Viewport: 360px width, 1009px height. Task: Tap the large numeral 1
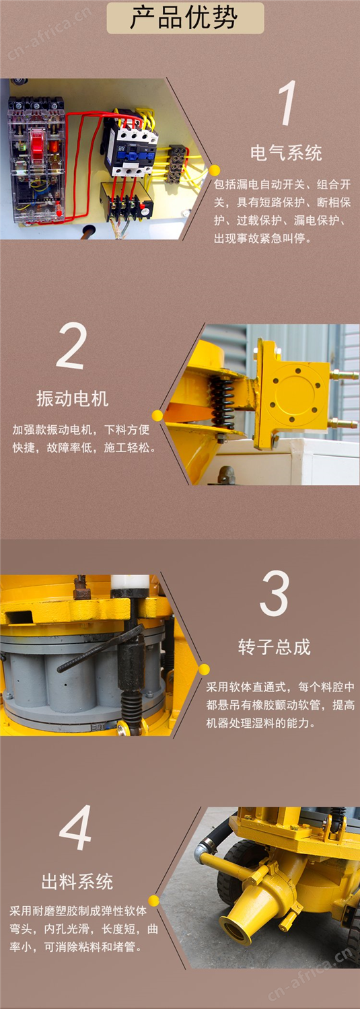(287, 103)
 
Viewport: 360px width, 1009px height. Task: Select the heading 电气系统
(287, 153)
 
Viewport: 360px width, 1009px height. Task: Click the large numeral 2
(71, 346)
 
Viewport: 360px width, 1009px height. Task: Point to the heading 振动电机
(73, 399)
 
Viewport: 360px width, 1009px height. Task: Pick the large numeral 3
(274, 593)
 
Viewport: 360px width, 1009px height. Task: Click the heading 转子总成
(275, 647)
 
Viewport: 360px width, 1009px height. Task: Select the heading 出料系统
(77, 881)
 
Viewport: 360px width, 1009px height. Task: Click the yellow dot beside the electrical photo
(215, 170)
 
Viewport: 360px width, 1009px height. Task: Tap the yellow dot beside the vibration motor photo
(157, 415)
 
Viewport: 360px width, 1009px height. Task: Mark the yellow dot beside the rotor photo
(204, 669)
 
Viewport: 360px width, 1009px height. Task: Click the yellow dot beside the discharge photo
(154, 901)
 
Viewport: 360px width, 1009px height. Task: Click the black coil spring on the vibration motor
(222, 402)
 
